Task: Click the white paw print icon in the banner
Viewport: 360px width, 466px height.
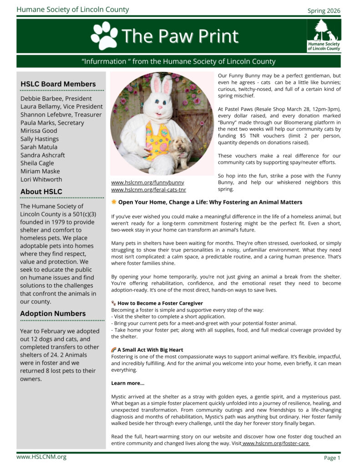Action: coord(104,35)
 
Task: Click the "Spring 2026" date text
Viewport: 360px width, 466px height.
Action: coord(324,10)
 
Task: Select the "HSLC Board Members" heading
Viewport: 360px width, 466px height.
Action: coord(58,84)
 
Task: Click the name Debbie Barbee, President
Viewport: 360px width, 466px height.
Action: coord(56,98)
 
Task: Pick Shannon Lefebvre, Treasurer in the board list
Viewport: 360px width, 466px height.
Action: coord(61,115)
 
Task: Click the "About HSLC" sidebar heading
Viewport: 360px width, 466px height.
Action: coord(41,192)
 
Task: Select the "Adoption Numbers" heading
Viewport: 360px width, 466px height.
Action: coord(53,313)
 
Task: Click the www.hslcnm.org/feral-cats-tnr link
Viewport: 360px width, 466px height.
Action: coord(148,189)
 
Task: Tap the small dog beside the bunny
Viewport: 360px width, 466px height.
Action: coord(181,152)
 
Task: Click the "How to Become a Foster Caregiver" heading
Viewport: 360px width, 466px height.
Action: coord(160,303)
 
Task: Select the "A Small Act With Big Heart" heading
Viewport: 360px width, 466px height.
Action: coord(150,349)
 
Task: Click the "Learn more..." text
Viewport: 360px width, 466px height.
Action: coord(128,383)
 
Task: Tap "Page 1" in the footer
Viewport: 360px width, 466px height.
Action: coord(332,458)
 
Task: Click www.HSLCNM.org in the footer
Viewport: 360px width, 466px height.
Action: coord(41,457)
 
